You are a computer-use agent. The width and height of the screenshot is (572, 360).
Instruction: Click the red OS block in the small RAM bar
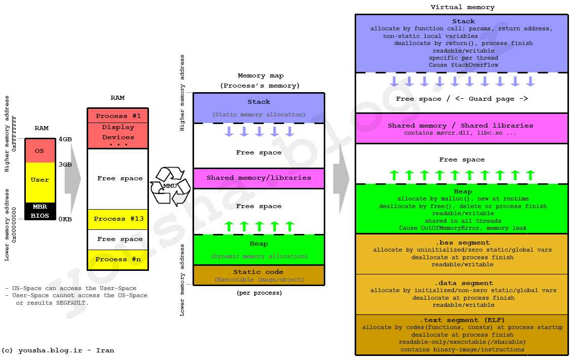(x=40, y=151)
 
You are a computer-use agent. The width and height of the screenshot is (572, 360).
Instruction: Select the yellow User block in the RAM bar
(x=40, y=180)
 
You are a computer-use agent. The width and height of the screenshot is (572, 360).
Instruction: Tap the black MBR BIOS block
(x=40, y=211)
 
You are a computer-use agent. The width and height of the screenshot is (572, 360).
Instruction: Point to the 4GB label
(x=65, y=139)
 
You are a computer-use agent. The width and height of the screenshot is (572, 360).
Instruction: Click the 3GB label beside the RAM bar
(x=65, y=165)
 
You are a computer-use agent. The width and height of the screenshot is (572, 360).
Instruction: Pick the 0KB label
(x=65, y=219)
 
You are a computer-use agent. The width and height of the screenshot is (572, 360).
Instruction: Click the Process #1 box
(x=118, y=116)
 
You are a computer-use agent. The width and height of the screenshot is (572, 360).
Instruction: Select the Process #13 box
(x=118, y=219)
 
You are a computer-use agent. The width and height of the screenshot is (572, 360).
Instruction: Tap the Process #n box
(x=118, y=259)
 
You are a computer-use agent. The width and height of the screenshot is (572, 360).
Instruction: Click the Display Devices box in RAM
(x=118, y=135)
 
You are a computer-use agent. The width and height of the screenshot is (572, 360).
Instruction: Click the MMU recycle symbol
(x=170, y=186)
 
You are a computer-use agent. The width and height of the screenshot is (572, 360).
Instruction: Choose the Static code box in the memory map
(x=258, y=275)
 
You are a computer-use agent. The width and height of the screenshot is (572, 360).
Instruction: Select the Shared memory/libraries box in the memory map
(x=258, y=178)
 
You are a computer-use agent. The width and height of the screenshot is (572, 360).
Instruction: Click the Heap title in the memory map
(x=258, y=244)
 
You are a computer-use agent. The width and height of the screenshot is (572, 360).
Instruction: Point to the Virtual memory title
(x=462, y=7)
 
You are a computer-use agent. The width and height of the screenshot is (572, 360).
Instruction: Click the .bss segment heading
(x=462, y=243)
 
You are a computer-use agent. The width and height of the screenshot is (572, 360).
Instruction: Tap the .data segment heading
(x=462, y=283)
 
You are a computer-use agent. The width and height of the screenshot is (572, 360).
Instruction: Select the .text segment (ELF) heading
(x=462, y=320)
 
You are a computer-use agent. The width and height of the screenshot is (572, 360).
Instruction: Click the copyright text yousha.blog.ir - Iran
(x=58, y=350)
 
